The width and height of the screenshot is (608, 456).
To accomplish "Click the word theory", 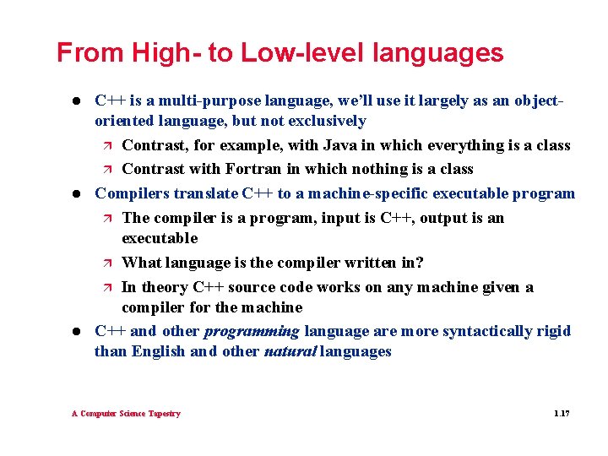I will pos(163,287).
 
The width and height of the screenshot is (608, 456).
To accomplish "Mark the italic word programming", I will pos(252,331).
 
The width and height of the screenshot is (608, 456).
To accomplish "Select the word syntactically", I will pos(475,331).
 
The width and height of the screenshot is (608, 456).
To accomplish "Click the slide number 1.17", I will pos(562,414).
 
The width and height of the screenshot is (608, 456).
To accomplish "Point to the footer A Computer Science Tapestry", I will pos(126,414).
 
